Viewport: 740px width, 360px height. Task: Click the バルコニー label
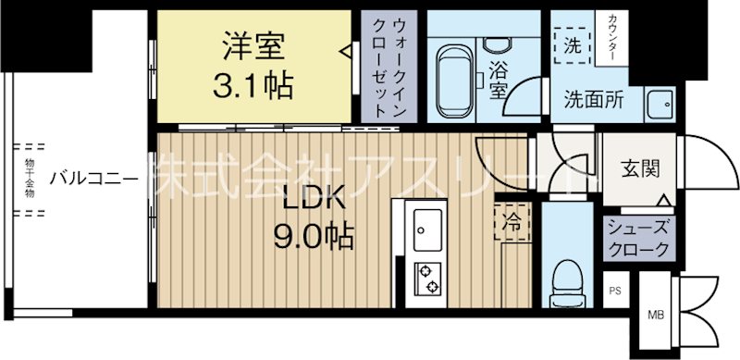click(x=94, y=178)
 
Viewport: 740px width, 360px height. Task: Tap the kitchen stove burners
click(x=428, y=277)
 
